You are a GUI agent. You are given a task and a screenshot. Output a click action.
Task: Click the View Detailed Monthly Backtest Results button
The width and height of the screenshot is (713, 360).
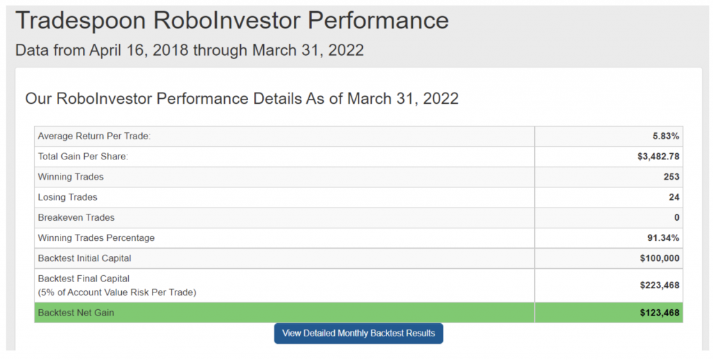tap(359, 333)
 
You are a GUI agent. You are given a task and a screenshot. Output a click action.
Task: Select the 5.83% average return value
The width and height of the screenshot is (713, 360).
tap(666, 136)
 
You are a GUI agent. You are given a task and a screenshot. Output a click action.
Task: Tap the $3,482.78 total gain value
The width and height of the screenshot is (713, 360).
tap(659, 157)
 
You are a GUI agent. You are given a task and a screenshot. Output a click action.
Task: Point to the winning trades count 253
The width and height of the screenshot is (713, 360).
tap(671, 177)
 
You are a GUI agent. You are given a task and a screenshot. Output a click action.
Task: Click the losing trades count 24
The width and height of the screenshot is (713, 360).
tap(674, 197)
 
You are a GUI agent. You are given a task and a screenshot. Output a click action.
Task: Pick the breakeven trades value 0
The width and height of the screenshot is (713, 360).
tap(677, 218)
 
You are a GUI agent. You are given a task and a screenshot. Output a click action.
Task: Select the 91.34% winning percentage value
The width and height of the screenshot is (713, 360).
tap(663, 237)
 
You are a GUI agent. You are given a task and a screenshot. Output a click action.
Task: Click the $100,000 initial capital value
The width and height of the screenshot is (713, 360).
tap(659, 258)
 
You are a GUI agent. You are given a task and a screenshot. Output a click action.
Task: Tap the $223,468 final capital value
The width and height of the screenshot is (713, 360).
tap(659, 285)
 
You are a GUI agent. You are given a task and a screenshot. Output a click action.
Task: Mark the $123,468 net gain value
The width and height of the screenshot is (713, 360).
tap(659, 313)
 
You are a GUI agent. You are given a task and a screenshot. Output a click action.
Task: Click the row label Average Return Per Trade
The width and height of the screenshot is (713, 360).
tap(94, 136)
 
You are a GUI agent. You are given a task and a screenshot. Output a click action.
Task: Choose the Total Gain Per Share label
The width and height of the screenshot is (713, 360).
tap(84, 157)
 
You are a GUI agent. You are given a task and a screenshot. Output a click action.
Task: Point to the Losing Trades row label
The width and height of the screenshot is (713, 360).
tap(68, 197)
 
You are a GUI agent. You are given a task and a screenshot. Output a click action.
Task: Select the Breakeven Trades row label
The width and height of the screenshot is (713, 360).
tap(77, 218)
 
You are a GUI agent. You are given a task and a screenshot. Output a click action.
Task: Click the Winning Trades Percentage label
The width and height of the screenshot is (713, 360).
tap(96, 237)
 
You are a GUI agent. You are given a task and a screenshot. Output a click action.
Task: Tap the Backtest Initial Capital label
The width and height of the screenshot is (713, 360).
tap(84, 258)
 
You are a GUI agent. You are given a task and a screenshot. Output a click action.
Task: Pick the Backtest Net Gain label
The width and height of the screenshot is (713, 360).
tap(76, 313)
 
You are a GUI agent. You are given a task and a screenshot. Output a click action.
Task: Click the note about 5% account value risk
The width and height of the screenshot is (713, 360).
tap(117, 292)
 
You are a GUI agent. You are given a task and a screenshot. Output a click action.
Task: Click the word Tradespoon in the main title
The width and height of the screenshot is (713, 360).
tap(81, 21)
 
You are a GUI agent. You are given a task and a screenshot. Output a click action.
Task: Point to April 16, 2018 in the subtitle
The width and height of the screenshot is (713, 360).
tap(139, 50)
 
